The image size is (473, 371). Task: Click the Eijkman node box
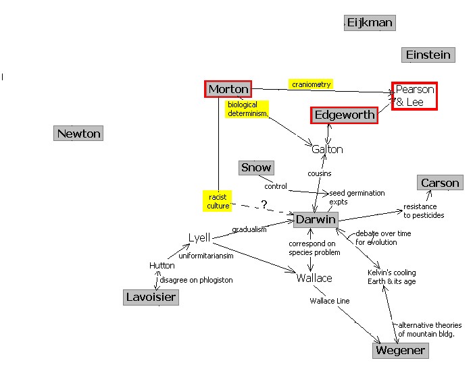pyautogui.click(x=369, y=23)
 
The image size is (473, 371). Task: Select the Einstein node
pyautogui.click(x=428, y=55)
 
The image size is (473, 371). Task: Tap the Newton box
pyautogui.click(x=78, y=134)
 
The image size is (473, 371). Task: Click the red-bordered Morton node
pyautogui.click(x=228, y=89)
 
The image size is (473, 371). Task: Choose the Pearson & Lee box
pyautogui.click(x=414, y=96)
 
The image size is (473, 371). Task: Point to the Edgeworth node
pyautogui.click(x=344, y=115)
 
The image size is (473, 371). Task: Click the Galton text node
pyautogui.click(x=327, y=149)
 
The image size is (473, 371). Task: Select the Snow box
pyautogui.click(x=256, y=167)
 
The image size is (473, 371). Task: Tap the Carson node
pyautogui.click(x=439, y=183)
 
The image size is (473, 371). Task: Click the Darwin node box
pyautogui.click(x=315, y=220)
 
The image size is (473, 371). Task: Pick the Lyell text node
pyautogui.click(x=199, y=237)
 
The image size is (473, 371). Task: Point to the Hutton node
pyautogui.click(x=161, y=266)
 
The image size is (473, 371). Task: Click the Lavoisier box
pyautogui.click(x=151, y=297)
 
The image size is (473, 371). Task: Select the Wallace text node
pyautogui.click(x=314, y=278)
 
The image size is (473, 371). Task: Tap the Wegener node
pyautogui.click(x=400, y=350)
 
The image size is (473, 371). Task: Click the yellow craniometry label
pyautogui.click(x=311, y=84)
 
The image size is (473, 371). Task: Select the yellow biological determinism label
pyautogui.click(x=247, y=109)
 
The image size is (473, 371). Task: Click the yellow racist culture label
pyautogui.click(x=218, y=200)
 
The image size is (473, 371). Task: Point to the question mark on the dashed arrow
pyautogui.click(x=264, y=204)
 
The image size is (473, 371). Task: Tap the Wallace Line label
pyautogui.click(x=329, y=301)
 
